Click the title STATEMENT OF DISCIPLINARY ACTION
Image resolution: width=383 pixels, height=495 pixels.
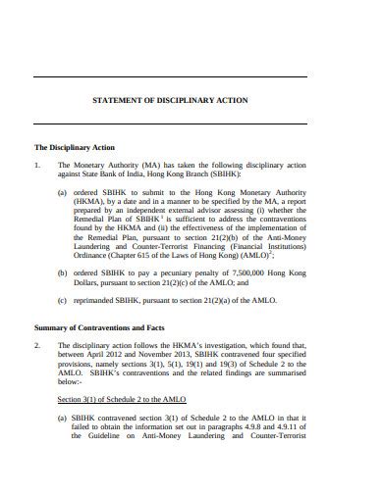pos(169,100)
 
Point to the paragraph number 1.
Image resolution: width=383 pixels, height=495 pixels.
pos(37,166)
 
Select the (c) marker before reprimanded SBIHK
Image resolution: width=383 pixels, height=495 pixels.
pos(62,299)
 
